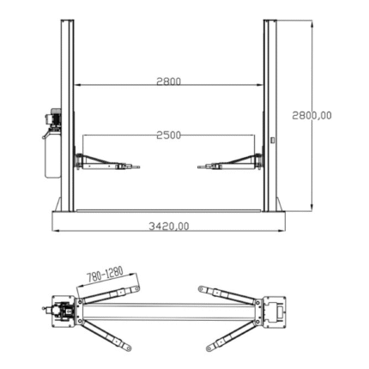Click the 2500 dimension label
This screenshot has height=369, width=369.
169,135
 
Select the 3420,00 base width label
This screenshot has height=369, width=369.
169,227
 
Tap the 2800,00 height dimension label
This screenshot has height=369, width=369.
312,115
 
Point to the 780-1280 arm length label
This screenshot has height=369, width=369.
105,274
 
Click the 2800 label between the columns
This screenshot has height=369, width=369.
169,82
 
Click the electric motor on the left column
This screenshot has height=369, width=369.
53,118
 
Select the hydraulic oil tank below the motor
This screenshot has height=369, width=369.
52,154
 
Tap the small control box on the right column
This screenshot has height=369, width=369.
273,140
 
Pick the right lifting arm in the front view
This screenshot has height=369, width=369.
230,162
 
